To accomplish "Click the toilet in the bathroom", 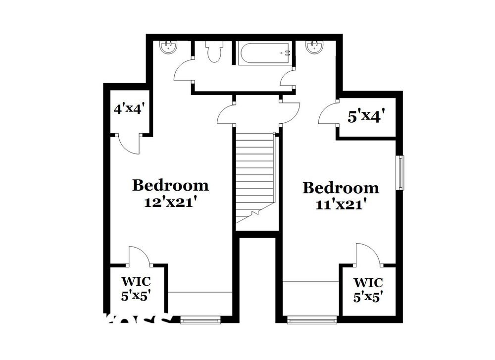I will point(214,51).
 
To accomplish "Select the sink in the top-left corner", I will point(169,48).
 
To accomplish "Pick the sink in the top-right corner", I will point(314,48).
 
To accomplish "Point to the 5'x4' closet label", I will point(366,117).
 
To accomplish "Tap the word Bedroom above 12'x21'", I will point(170,186).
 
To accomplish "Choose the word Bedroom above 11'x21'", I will point(341,188).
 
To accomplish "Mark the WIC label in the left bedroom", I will point(136,281).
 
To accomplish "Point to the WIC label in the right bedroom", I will point(368,283).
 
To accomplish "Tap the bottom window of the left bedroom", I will point(200,320).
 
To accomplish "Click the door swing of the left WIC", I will point(139,256).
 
